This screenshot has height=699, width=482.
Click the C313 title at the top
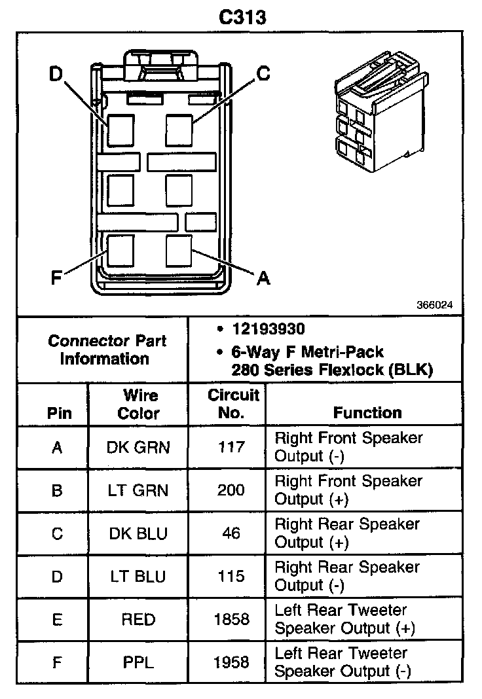[242, 16]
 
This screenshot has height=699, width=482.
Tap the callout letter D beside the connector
[55, 74]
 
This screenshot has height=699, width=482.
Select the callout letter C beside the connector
[263, 73]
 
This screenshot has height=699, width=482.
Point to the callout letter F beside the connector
[56, 278]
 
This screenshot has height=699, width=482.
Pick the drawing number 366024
[434, 305]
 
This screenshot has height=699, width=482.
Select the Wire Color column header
[138, 404]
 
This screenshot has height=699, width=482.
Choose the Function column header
[367, 412]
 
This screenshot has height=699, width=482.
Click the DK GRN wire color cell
[138, 447]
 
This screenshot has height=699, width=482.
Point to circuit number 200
[231, 490]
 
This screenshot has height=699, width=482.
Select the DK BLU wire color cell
[138, 533]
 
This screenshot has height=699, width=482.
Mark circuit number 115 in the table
[231, 577]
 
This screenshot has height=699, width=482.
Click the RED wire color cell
[138, 619]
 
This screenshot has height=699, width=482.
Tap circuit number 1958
[231, 662]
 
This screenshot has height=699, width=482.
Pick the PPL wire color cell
[138, 662]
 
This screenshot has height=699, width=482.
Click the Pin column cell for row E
[57, 619]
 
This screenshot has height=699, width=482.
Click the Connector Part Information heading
[107, 349]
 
